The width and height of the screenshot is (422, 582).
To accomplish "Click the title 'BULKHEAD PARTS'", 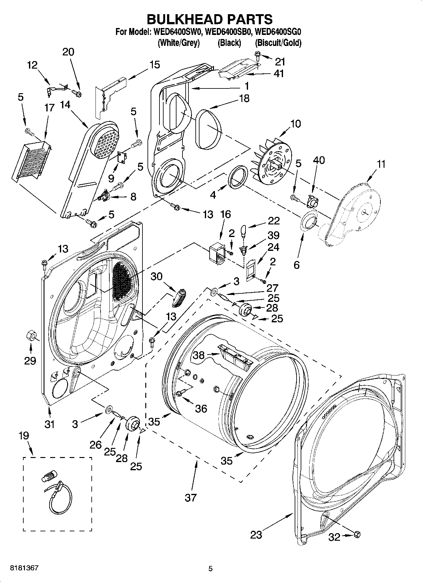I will click(x=210, y=19).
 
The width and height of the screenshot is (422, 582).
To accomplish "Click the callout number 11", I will click(x=381, y=164).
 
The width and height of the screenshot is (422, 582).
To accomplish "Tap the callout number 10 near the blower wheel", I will click(x=295, y=124).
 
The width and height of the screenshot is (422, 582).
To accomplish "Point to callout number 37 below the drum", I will click(x=190, y=497).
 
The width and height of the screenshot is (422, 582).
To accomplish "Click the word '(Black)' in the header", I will click(x=229, y=43).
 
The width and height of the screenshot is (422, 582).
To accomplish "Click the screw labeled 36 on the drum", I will click(x=181, y=393).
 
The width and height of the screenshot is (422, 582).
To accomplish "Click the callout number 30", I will click(x=156, y=276).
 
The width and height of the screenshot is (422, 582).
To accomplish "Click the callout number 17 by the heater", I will click(x=49, y=108).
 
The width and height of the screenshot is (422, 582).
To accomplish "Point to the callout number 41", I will click(x=279, y=73).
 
